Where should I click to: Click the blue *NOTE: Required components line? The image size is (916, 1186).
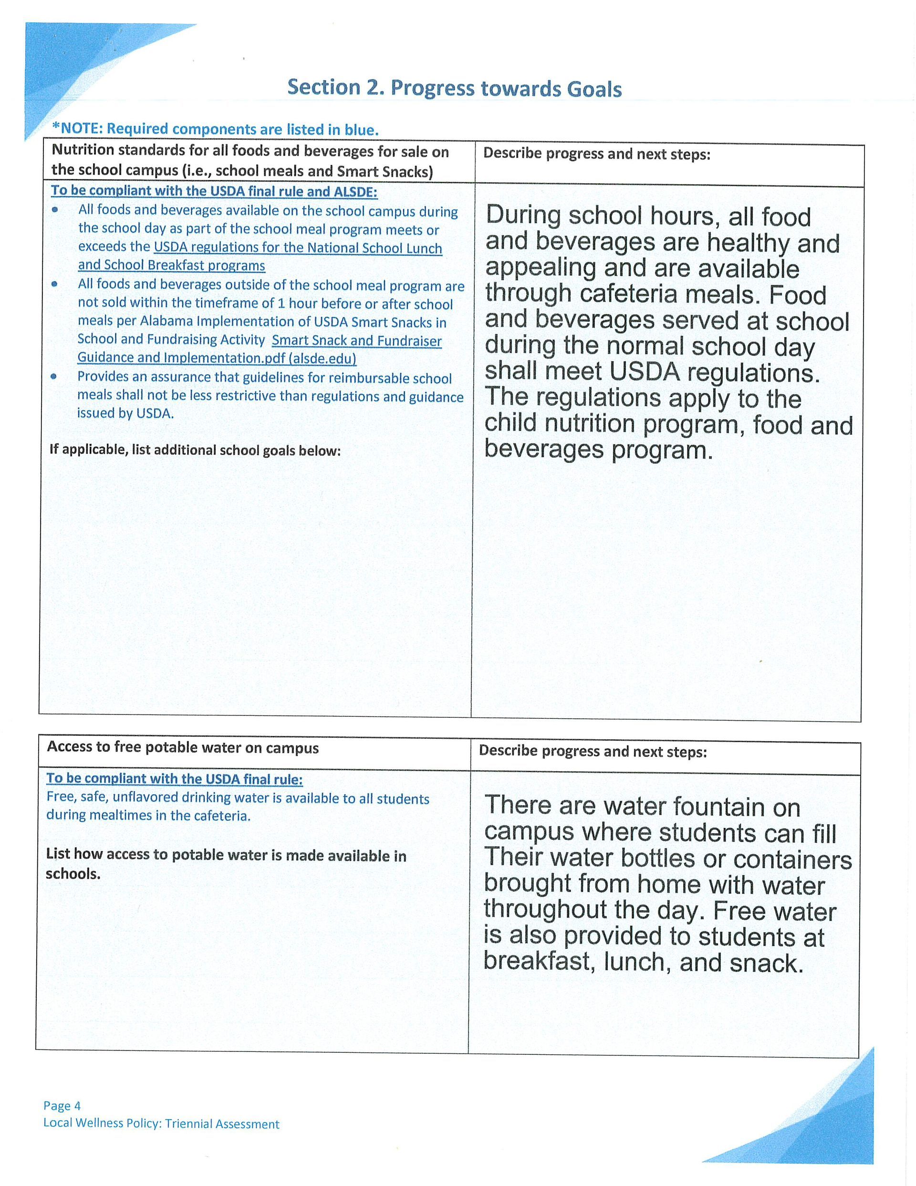tap(215, 129)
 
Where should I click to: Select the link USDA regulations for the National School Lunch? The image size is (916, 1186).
tap(298, 248)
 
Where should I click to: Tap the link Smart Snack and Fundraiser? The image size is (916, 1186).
tap(356, 341)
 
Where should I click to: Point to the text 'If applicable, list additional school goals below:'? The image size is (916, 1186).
tap(195, 450)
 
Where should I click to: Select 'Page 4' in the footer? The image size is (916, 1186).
tap(62, 1106)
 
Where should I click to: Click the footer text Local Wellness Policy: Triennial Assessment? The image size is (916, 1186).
tap(161, 1124)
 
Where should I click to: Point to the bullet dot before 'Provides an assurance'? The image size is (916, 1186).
tap(54, 377)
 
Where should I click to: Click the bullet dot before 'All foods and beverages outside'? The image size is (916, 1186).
tap(54, 284)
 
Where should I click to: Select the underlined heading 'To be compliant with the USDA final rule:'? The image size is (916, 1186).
tap(174, 779)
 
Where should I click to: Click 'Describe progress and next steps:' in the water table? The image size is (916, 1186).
tap(593, 752)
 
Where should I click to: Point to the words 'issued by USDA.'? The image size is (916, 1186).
tap(125, 413)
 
